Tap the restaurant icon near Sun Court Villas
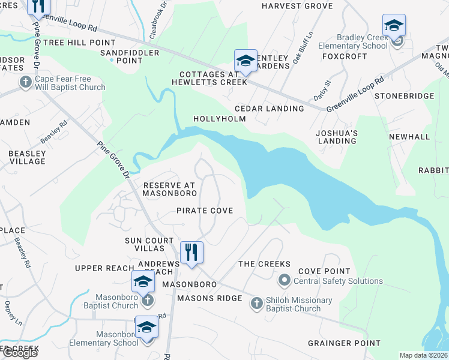point(191,251)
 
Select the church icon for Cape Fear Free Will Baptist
point(25,82)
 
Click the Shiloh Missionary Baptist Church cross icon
point(256,303)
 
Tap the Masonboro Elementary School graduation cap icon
point(146,328)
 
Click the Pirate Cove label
point(204,211)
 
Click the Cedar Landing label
point(269,109)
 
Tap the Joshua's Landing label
point(337,137)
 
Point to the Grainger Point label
point(344,343)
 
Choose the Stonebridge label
point(404,96)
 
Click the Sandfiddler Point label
point(129,56)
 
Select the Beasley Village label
point(27,157)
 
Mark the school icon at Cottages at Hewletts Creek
point(245,61)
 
